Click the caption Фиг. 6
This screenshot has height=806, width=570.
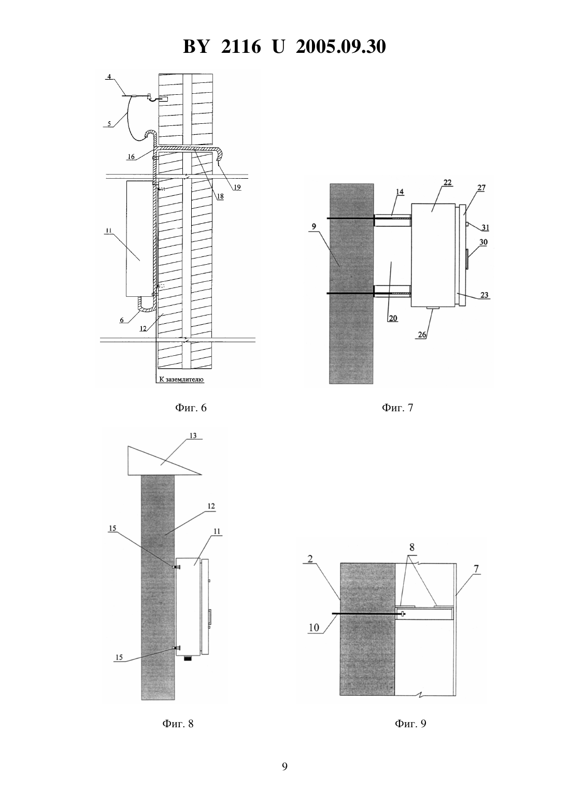tap(191, 408)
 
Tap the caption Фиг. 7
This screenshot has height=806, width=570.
tap(397, 408)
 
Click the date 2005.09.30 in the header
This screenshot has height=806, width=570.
tap(341, 47)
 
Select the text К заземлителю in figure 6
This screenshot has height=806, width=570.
tap(181, 379)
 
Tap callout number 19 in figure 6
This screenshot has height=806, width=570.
tap(237, 187)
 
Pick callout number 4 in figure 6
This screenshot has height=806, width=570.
tap(109, 77)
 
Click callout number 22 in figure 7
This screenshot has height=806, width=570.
tap(447, 182)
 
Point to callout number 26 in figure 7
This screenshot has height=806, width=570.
tap(422, 334)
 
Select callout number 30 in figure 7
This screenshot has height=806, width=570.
tap(483, 242)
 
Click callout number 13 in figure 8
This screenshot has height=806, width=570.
tap(193, 436)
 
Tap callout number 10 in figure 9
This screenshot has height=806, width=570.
tap(314, 628)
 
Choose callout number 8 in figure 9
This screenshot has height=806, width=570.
tap(412, 548)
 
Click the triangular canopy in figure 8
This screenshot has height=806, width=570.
tap(164, 460)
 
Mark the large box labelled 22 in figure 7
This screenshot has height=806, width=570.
tap(433, 255)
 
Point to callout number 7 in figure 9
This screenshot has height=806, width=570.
tap(476, 569)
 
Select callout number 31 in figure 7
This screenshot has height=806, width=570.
tap(486, 227)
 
